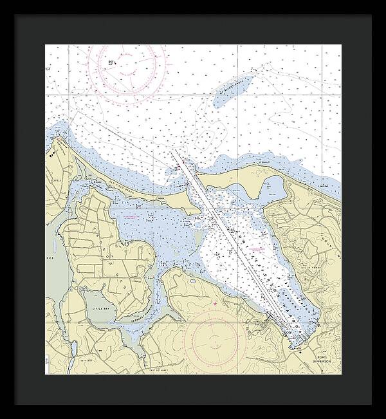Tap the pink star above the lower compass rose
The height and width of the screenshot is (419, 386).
click(215, 303)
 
